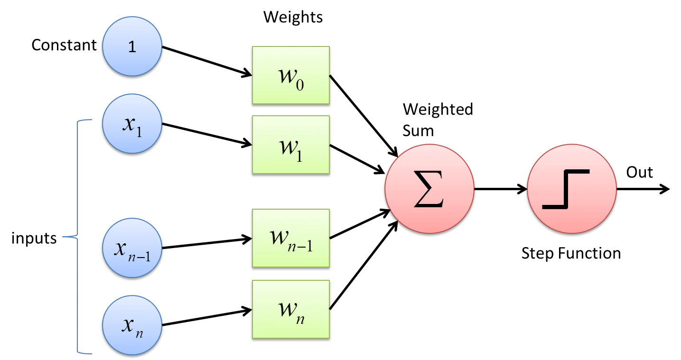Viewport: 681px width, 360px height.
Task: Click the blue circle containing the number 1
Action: click(132, 46)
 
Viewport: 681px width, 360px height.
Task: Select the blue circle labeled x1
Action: click(132, 123)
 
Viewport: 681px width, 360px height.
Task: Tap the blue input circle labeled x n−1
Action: click(132, 248)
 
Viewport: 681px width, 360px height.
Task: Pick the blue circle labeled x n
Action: click(132, 325)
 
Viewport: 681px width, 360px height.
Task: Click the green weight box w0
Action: click(290, 75)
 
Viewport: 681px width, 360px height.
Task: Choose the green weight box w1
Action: click(290, 145)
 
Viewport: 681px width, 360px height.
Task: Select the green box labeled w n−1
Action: click(290, 238)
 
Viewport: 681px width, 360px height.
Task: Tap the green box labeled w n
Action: click(290, 309)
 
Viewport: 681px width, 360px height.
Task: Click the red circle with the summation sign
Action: click(429, 189)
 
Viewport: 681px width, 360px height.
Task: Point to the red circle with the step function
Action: click(571, 189)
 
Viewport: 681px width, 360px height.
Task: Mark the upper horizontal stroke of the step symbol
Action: click(578, 172)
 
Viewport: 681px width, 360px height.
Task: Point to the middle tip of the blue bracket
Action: click(63, 236)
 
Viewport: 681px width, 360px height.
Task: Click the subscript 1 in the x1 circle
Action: click(139, 131)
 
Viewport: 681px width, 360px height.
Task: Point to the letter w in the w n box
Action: click(286, 308)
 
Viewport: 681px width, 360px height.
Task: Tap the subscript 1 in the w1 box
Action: click(299, 155)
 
